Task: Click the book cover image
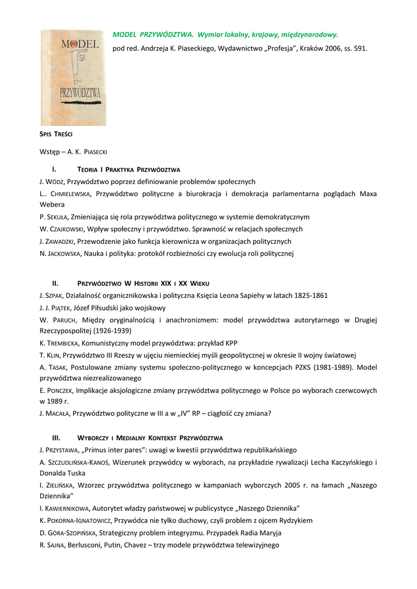click(x=73, y=77)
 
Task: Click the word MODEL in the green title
click(x=124, y=35)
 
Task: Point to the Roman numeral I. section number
click(x=54, y=169)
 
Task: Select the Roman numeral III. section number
click(x=56, y=438)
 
